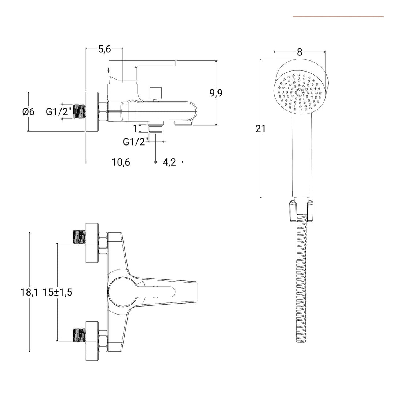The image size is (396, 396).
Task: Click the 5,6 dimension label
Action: (104, 49)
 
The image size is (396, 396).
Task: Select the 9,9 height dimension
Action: (216, 93)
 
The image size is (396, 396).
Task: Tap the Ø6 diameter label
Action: (28, 112)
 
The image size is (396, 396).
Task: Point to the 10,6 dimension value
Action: (121, 162)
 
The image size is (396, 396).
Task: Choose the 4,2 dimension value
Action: (169, 162)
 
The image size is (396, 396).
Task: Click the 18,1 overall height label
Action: (29, 292)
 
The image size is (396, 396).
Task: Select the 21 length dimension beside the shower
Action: (261, 129)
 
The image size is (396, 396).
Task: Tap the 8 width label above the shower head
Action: (300, 52)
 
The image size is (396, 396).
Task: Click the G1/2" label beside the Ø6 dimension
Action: (59, 112)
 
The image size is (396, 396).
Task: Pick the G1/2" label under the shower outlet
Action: (135, 142)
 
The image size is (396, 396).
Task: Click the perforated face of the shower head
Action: (300, 92)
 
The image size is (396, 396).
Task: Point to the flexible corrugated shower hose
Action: (301, 286)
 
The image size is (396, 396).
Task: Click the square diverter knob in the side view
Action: (156, 92)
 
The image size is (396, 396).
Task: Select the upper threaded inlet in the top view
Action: (79, 237)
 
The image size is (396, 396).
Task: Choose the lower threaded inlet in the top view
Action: (79, 334)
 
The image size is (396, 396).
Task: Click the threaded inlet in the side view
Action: (80, 112)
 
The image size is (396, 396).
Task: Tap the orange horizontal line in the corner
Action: (338, 16)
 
